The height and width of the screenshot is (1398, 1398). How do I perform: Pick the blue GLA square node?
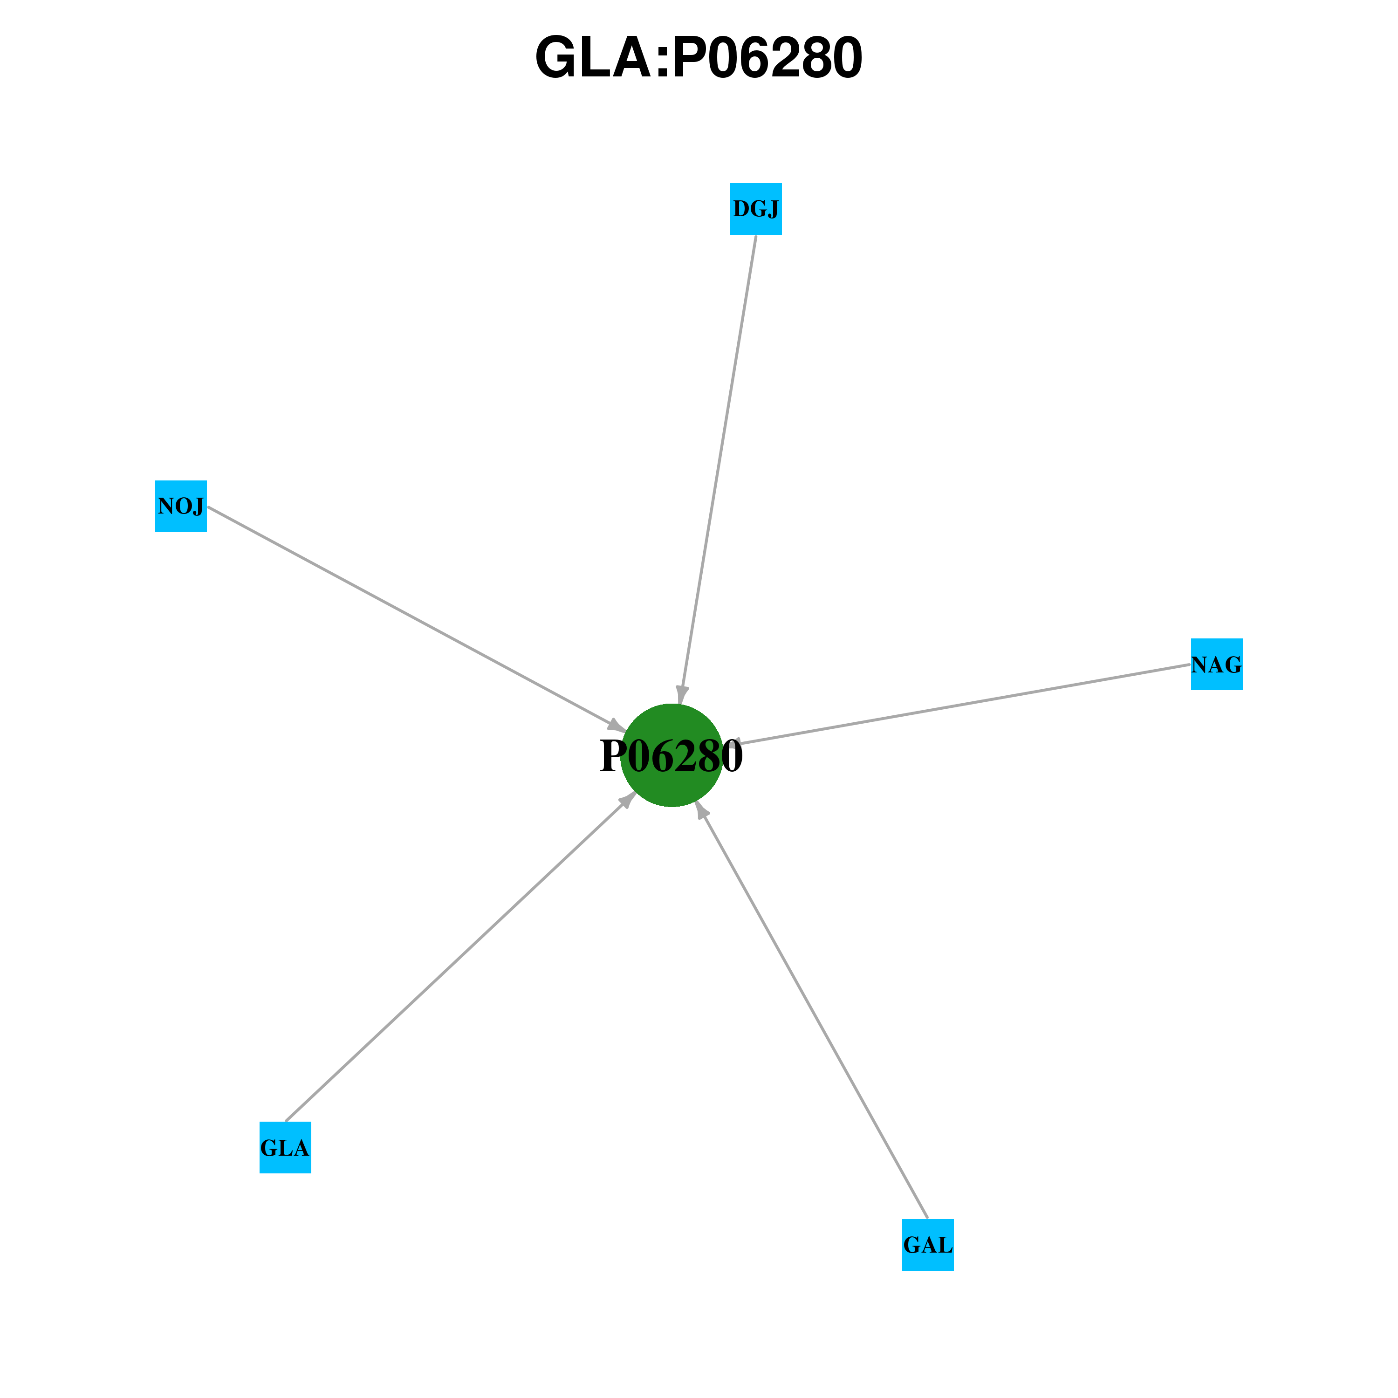(x=285, y=1148)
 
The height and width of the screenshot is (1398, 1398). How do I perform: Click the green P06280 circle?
(x=672, y=755)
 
